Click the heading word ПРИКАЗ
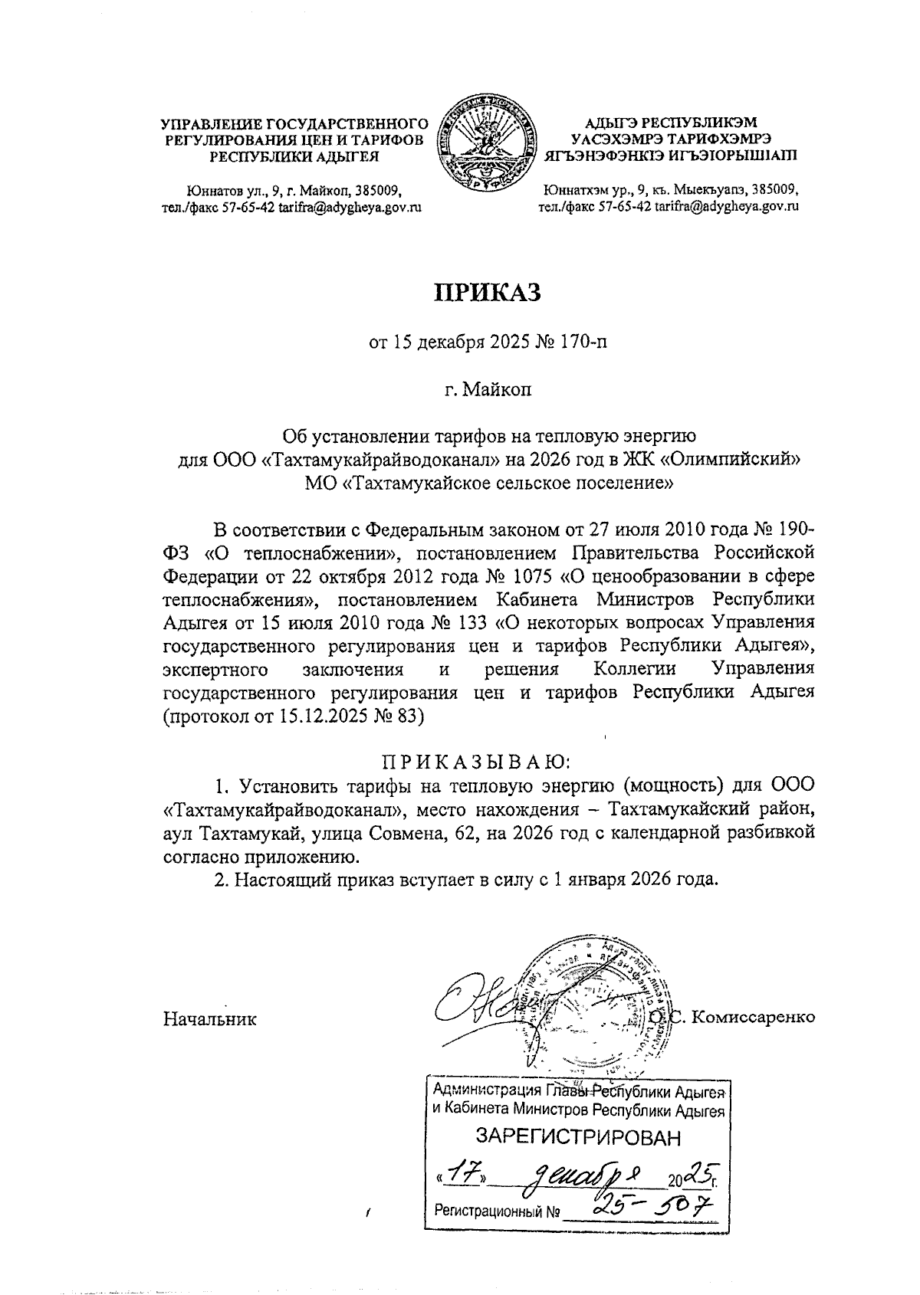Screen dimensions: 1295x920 coord(488,293)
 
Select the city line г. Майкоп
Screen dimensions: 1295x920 coord(488,389)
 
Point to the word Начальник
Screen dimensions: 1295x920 coord(209,1019)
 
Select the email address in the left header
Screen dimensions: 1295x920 coord(350,206)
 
